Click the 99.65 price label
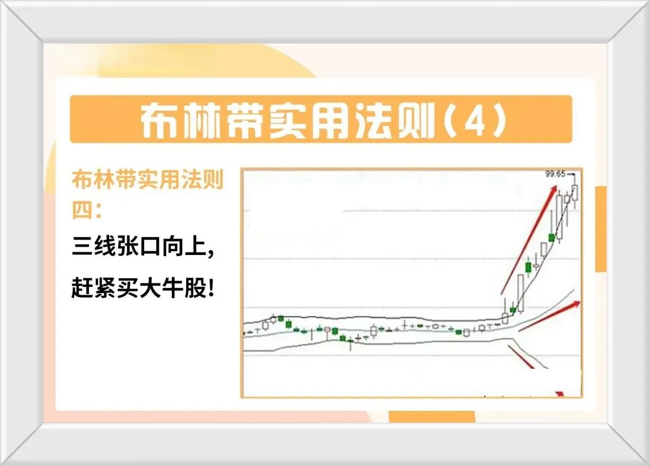point(556,174)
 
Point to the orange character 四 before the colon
point(82,209)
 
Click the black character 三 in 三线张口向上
point(82,246)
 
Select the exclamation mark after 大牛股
point(210,288)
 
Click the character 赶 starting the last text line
point(82,288)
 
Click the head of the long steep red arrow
point(554,189)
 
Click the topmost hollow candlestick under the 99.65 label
point(575,193)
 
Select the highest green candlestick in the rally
point(551,238)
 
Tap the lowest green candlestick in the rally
point(513,310)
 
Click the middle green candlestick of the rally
point(529,267)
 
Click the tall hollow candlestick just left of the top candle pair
point(560,217)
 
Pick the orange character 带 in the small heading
point(126,179)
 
